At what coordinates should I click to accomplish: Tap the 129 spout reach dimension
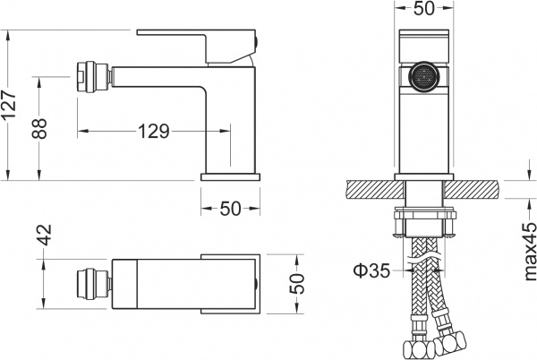click(153, 132)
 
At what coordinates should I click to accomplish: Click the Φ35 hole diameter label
click(371, 270)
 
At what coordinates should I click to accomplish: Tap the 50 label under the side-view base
click(231, 209)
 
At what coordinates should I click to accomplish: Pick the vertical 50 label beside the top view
click(298, 284)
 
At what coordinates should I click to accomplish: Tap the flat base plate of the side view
click(229, 177)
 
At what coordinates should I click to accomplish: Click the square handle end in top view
click(231, 282)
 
